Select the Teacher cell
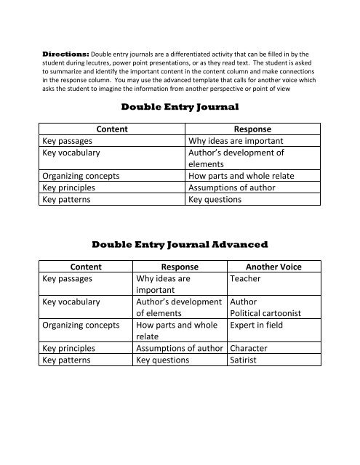245,278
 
